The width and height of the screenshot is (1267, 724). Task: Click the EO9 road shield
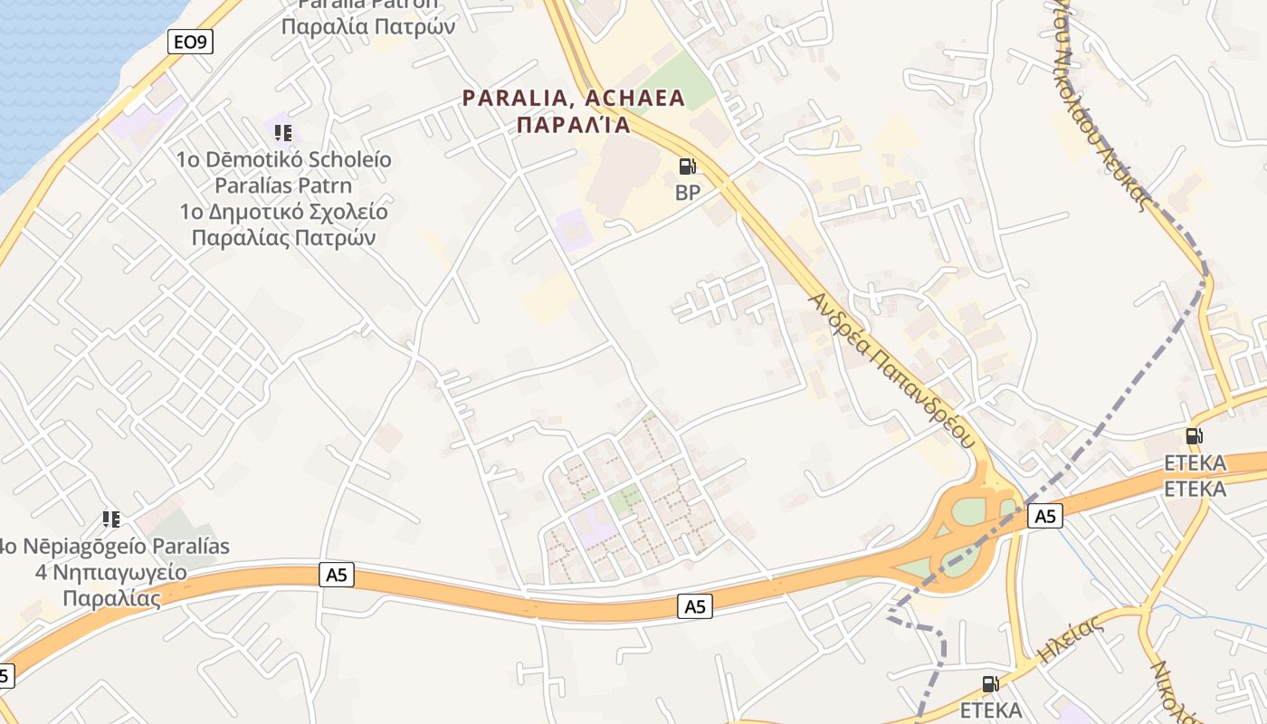190,41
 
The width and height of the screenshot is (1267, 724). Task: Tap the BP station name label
688,192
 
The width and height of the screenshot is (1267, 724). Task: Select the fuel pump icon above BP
688,167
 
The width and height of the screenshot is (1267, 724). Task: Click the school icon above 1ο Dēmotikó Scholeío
283,133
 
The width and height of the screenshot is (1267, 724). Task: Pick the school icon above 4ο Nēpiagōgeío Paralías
111,519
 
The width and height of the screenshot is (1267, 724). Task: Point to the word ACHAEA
635,98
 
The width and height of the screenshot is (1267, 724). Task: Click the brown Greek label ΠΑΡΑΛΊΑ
573,125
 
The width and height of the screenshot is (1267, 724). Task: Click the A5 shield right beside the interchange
1044,516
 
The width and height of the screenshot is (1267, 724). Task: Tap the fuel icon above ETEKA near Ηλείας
991,684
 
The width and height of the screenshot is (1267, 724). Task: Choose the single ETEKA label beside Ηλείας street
991,710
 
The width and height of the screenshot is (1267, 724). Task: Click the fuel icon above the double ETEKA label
1194,436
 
